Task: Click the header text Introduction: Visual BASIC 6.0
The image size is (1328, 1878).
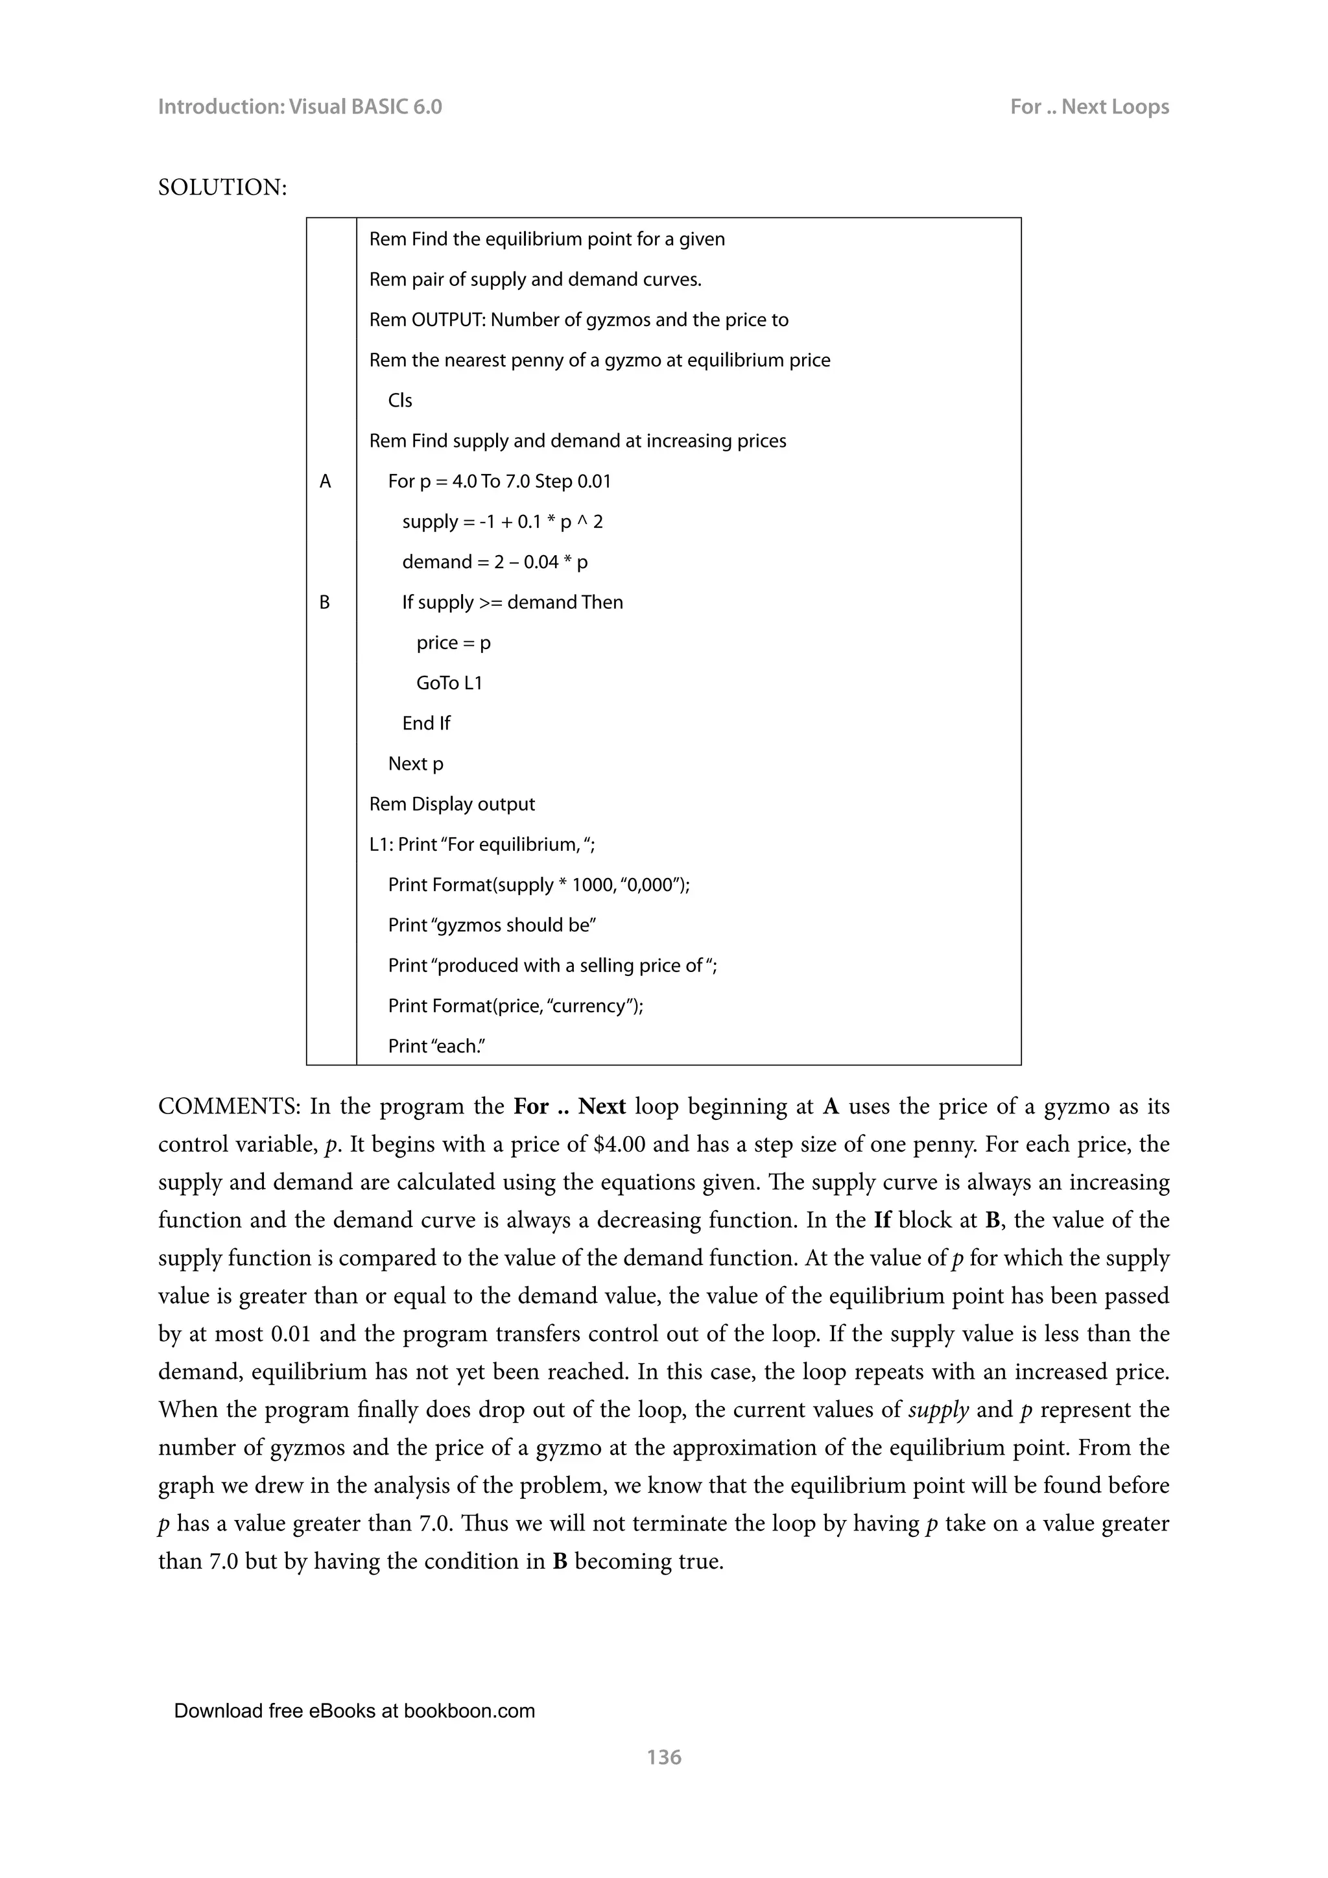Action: coord(300,107)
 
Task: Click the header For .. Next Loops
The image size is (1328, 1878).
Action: coord(1089,107)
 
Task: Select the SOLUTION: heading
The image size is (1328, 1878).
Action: coord(222,187)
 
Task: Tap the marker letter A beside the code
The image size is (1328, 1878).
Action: coord(326,482)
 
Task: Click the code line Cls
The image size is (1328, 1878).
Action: coord(400,401)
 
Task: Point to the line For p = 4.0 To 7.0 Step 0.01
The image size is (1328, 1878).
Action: coord(499,482)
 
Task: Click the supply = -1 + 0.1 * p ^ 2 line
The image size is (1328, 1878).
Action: coord(502,522)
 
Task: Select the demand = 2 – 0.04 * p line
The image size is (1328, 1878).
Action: coord(495,562)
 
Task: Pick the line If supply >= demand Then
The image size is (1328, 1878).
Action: coord(512,603)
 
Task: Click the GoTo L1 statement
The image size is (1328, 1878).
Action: coord(449,683)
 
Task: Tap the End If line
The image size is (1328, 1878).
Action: coord(426,723)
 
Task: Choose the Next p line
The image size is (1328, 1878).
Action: coord(416,764)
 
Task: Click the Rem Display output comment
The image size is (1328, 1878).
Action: coord(451,804)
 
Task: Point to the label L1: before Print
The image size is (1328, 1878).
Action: coord(382,845)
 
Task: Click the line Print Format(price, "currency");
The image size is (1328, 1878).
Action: coord(515,1006)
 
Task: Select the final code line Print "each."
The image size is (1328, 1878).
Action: coord(436,1046)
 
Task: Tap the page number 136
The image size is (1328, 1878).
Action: coord(663,1757)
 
